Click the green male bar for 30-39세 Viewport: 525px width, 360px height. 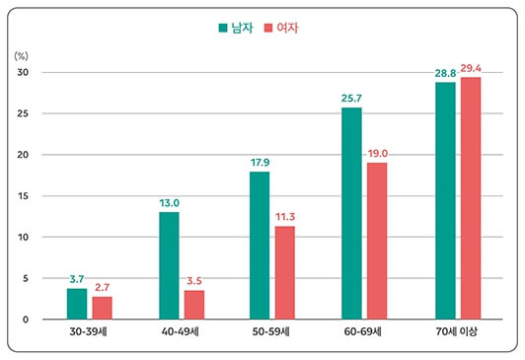pos(77,304)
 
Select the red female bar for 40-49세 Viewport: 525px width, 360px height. pos(193,305)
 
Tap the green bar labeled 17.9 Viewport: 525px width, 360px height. pos(260,246)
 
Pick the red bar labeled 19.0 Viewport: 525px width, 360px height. pos(377,241)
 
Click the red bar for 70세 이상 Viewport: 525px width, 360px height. pos(470,198)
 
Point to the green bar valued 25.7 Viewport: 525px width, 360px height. pos(351,213)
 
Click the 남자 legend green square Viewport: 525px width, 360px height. pos(223,28)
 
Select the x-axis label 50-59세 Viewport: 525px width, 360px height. pos(271,332)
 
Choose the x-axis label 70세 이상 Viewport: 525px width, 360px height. pos(457,332)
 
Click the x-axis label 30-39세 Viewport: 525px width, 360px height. pos(89,332)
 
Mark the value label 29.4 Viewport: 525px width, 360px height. pos(470,68)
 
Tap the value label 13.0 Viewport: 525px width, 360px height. pos(169,203)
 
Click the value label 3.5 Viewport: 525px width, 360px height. pos(194,282)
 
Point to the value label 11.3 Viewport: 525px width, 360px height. pos(285,218)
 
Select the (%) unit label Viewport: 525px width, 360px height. pos(22,56)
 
